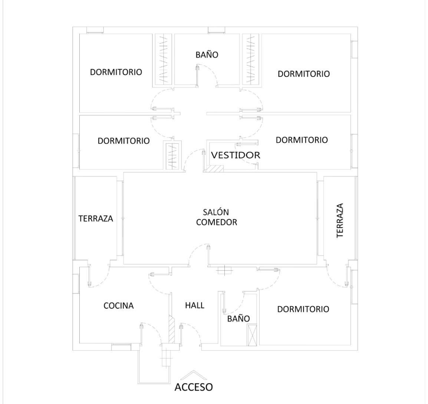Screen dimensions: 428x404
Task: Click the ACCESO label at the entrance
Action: point(194,387)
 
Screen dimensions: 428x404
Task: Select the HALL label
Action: point(195,305)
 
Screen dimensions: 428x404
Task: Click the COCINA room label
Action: point(118,305)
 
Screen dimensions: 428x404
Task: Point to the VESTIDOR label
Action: point(236,155)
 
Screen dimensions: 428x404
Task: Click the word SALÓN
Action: point(216,212)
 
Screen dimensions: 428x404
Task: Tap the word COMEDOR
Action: point(217,222)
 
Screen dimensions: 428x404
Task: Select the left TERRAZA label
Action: point(96,219)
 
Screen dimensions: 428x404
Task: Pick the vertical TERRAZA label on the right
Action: point(340,221)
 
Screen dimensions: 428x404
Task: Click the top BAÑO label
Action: point(207,54)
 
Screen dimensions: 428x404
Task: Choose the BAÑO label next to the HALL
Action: point(238,318)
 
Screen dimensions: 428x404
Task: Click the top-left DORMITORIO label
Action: point(116,72)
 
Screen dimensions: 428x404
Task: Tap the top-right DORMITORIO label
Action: point(304,74)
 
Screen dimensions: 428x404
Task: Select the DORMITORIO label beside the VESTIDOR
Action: point(302,140)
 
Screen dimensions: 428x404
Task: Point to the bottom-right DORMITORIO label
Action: point(303,309)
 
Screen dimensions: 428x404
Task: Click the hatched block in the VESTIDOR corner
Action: point(215,169)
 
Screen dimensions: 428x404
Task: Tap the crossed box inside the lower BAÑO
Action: point(252,335)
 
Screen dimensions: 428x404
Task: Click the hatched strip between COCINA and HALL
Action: point(172,329)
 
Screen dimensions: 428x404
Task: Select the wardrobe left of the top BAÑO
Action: point(164,59)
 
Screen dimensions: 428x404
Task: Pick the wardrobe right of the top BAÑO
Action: point(251,59)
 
